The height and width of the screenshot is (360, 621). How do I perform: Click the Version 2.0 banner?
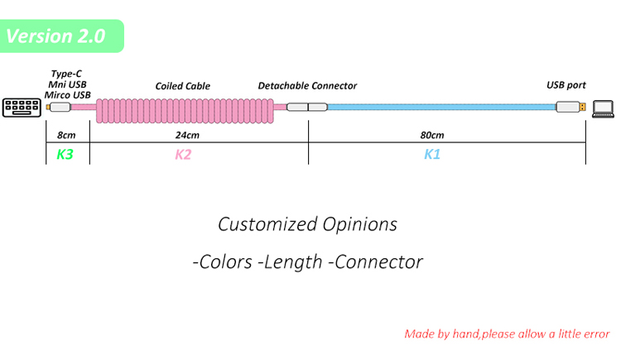click(x=62, y=36)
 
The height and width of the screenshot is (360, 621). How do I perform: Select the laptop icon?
click(x=602, y=107)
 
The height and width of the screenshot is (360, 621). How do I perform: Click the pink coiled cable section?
click(x=187, y=108)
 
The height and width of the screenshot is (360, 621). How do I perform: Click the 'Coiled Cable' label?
click(x=182, y=86)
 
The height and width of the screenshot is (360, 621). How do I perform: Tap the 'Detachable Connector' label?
click(x=307, y=86)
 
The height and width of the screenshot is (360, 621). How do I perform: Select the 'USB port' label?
click(x=566, y=86)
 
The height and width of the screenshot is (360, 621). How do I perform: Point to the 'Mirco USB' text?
click(x=68, y=95)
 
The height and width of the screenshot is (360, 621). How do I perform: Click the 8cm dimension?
click(x=66, y=135)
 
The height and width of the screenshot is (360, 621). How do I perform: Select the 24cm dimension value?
click(x=187, y=135)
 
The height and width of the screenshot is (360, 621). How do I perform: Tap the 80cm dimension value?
click(x=431, y=135)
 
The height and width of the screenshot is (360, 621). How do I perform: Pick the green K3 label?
click(x=65, y=154)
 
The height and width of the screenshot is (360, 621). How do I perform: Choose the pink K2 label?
click(x=183, y=154)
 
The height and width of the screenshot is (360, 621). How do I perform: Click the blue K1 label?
click(x=431, y=154)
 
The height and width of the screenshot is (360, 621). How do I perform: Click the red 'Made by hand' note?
click(x=507, y=334)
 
